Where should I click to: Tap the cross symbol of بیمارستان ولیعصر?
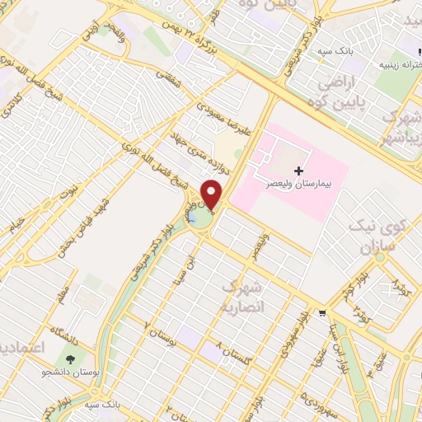click(x=298, y=170)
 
